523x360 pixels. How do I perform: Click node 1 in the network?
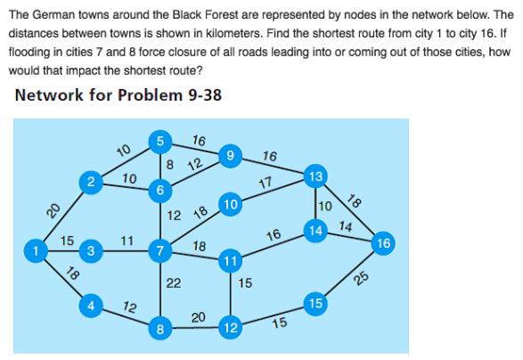click(x=35, y=251)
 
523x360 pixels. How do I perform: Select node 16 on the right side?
click(x=383, y=242)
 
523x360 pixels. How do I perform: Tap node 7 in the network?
click(x=159, y=251)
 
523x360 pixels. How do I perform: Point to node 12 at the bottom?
click(x=231, y=328)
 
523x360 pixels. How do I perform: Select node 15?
click(x=313, y=304)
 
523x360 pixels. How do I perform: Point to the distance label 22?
click(x=174, y=283)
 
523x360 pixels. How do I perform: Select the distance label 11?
click(x=127, y=240)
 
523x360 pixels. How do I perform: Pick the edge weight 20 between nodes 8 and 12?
click(x=199, y=317)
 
